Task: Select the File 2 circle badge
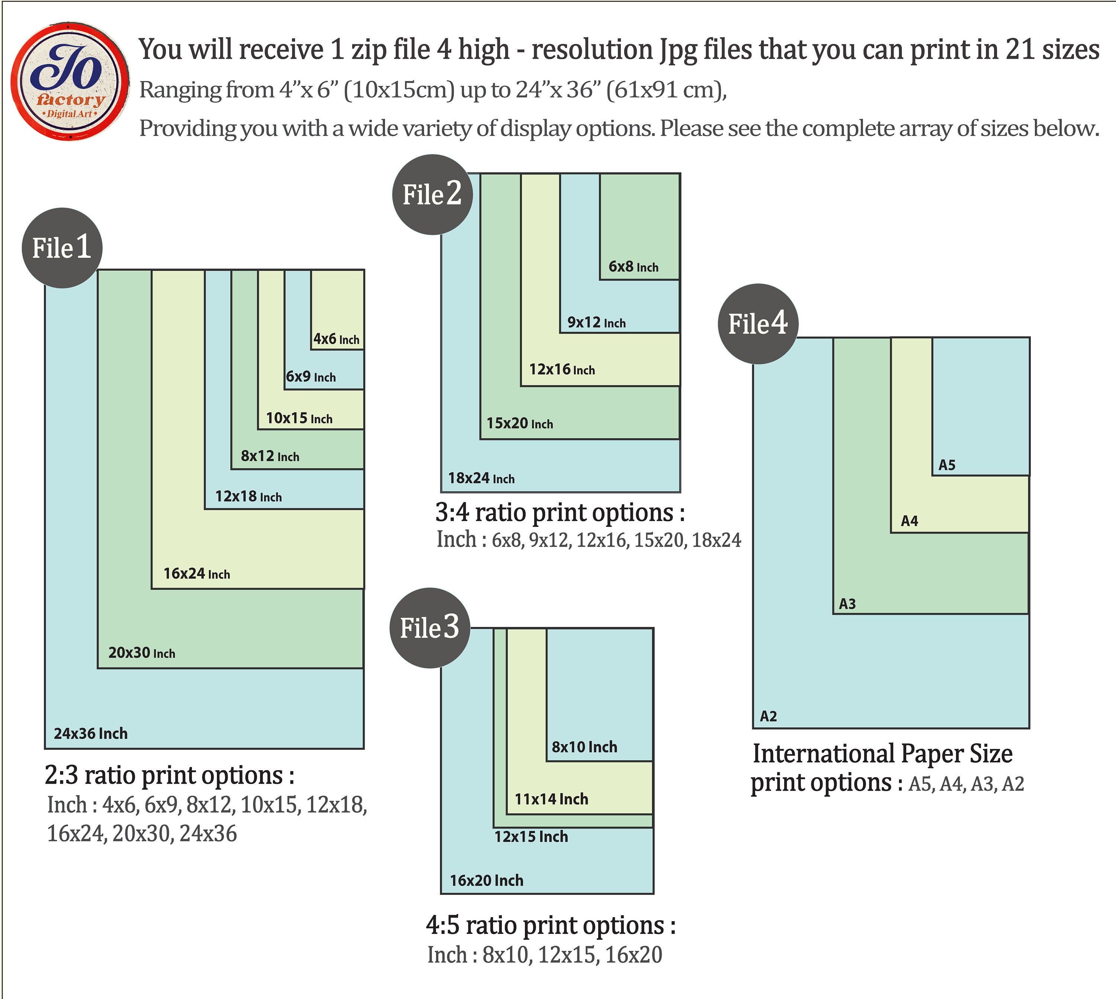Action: [x=432, y=194]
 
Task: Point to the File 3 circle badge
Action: [x=430, y=627]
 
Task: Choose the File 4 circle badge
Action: [x=758, y=323]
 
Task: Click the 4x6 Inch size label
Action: [x=336, y=339]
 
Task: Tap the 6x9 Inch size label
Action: [x=311, y=377]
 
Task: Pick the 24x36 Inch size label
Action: [x=90, y=733]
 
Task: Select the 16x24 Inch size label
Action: [x=196, y=574]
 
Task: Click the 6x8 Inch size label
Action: [x=633, y=267]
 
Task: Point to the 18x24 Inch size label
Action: [x=481, y=478]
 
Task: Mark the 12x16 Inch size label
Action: [x=562, y=369]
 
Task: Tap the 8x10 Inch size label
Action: [x=584, y=746]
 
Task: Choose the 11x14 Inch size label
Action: [x=551, y=799]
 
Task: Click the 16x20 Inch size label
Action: [x=487, y=880]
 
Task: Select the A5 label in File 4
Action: [x=947, y=465]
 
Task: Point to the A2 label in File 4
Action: [x=769, y=716]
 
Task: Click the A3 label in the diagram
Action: [x=848, y=604]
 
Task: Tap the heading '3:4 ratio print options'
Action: [x=559, y=513]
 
